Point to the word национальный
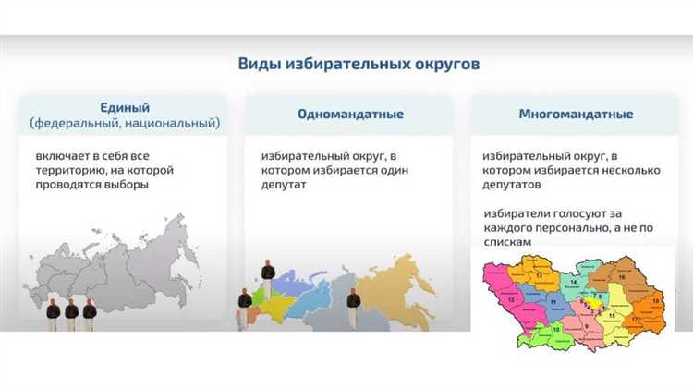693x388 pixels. tap(176, 123)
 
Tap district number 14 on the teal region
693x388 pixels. tap(573, 281)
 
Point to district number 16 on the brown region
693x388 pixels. tap(621, 277)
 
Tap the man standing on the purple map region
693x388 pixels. tap(267, 273)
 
